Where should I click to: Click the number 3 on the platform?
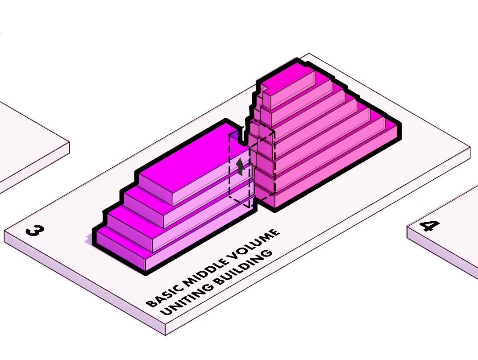pos(35,231)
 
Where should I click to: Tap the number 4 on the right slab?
pos(430,225)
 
